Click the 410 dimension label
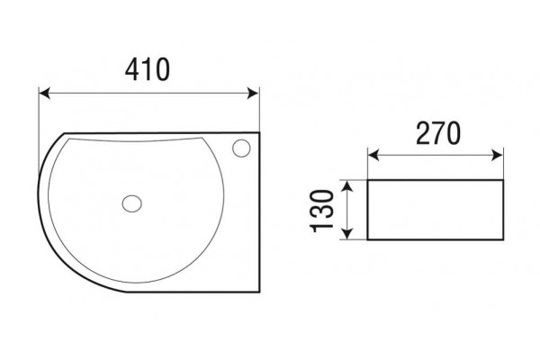[x=148, y=69]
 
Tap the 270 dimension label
[x=438, y=133]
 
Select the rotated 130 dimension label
[x=322, y=211]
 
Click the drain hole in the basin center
[x=132, y=203]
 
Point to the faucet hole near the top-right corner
[x=241, y=148]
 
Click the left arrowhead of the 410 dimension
[x=45, y=93]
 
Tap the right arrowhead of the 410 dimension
[x=253, y=93]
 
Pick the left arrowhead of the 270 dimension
[x=373, y=156]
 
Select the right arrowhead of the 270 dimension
[x=498, y=156]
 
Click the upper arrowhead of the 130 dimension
[x=348, y=186]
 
